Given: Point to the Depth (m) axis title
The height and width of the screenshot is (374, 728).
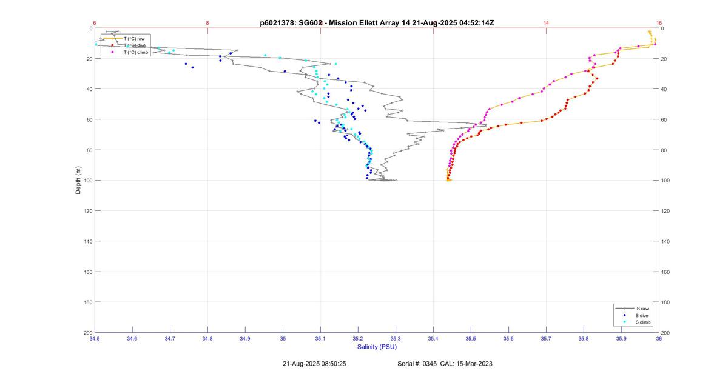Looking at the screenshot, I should coord(78,180).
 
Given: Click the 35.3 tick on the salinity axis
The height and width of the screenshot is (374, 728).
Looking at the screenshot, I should coord(396,338).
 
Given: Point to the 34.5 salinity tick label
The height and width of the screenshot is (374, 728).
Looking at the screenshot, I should coord(95,338).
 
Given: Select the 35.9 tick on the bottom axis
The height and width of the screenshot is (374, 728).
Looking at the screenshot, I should coord(621,338).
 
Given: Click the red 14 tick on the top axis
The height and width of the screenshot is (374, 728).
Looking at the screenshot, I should coord(546,23).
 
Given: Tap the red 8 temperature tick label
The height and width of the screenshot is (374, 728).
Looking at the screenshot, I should coord(207,23).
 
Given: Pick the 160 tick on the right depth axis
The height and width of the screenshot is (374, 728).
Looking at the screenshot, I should coord(666,272).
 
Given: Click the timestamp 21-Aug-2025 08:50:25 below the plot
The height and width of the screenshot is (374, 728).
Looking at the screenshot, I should coord(314,364).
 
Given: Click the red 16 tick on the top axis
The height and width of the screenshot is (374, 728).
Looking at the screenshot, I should coord(659,23).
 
